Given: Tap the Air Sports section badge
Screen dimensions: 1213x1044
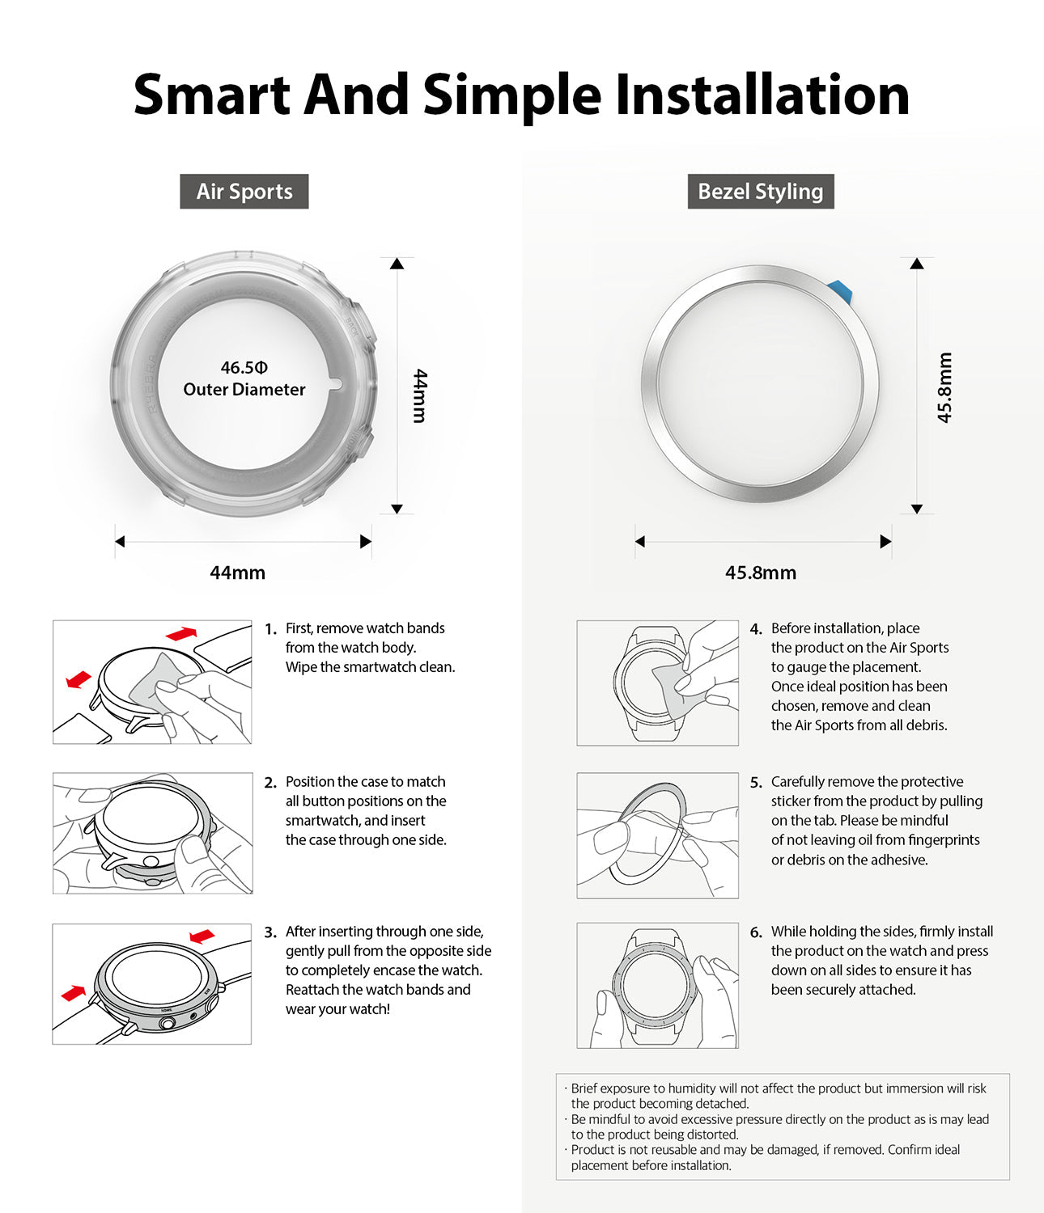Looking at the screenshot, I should coord(244,192).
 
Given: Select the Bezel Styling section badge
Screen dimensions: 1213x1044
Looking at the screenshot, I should coord(760,192).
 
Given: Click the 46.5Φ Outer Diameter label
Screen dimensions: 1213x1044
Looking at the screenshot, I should coord(244,378).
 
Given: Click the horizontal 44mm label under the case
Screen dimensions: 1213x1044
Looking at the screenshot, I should coord(237,573).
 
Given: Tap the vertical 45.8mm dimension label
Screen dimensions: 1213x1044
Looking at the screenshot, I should coord(944,387).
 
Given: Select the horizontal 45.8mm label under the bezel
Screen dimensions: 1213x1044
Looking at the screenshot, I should coord(760,573).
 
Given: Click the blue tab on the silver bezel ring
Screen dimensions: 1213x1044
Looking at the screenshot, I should coord(841,290).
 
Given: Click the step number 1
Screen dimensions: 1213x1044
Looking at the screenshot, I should coord(269,629).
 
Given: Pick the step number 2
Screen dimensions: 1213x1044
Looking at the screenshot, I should coord(269,783).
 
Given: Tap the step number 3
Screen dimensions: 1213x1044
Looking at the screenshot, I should coord(269,932).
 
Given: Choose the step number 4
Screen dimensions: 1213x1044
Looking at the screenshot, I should coord(755,629).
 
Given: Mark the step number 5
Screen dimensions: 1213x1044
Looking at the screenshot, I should coord(755,783).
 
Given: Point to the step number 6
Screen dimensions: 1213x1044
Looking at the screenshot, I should coord(755,932).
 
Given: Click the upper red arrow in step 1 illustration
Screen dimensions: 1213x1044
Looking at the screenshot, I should coord(181,633).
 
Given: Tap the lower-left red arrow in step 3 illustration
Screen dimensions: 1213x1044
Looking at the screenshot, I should coord(73,992).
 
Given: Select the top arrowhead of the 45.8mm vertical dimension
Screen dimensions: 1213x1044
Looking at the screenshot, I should coord(916,264).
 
